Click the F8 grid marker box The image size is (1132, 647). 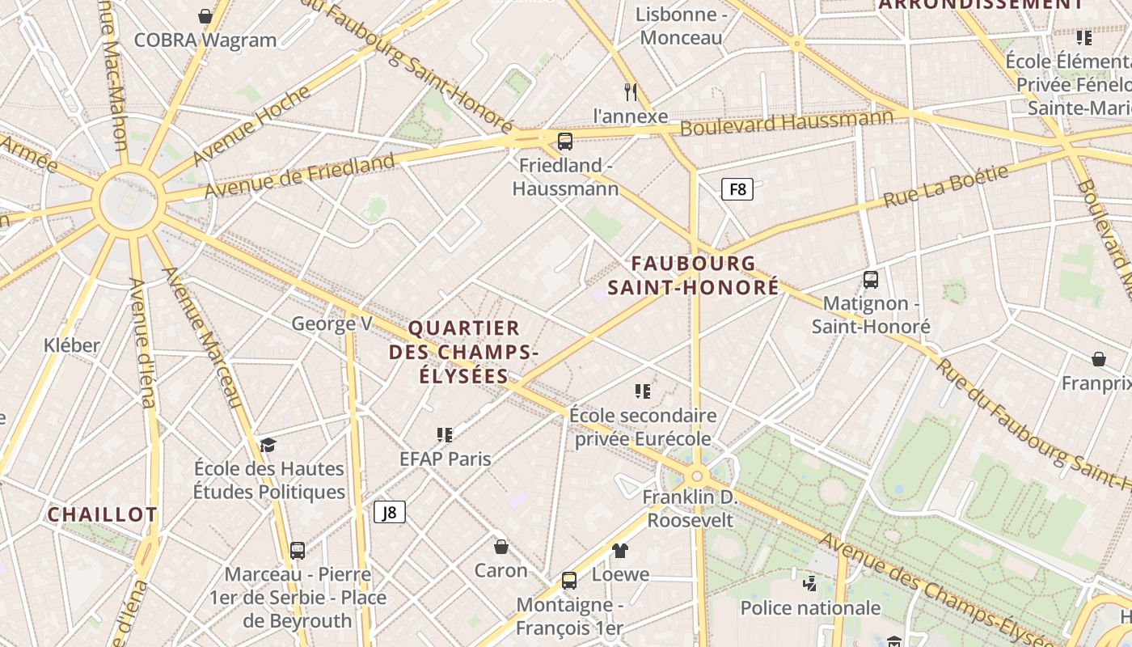[737, 189]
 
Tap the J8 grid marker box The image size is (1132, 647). [390, 512]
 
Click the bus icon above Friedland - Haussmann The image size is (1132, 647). [565, 142]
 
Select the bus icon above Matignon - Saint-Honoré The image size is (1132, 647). [871, 280]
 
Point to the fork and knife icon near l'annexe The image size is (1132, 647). [631, 91]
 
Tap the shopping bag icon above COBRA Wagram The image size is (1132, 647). [205, 15]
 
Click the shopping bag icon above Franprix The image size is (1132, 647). [1099, 358]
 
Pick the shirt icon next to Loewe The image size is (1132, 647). [620, 551]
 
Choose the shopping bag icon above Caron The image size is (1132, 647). [501, 547]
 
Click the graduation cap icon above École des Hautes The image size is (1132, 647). [268, 445]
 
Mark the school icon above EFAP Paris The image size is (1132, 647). [445, 435]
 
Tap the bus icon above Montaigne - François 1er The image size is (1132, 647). [569, 580]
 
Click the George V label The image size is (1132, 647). [332, 324]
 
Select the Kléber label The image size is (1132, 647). [72, 345]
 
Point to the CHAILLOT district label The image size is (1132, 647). [102, 514]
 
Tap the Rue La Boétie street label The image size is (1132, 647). [946, 186]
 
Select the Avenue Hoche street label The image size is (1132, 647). [251, 125]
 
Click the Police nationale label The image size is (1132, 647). [810, 607]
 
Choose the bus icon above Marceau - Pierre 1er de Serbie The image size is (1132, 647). [298, 550]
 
